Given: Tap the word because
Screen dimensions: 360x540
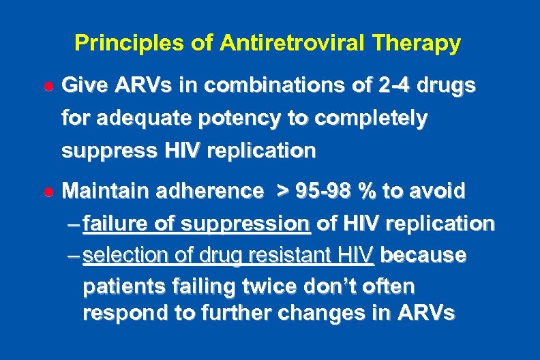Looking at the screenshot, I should pos(423,256).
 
